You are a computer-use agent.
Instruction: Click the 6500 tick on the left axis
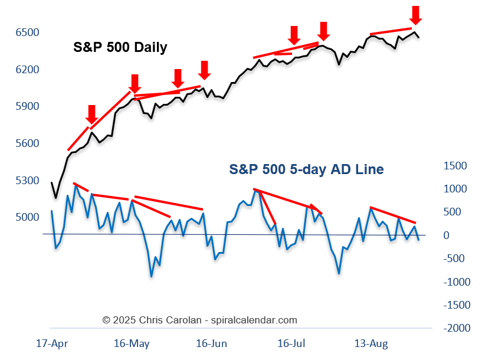pos(27,32)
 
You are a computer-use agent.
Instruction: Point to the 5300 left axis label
pos(27,180)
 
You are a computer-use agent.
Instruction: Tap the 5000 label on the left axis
pos(27,217)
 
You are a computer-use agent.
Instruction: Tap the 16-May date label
pos(132,343)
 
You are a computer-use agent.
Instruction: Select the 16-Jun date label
pos(211,343)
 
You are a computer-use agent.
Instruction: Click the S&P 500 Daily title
pos(120,47)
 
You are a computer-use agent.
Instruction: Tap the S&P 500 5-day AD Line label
pos(306,169)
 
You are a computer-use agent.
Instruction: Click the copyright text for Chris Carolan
pos(199,320)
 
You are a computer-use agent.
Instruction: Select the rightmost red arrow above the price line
pos(416,15)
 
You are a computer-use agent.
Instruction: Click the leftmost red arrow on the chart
pos(91,114)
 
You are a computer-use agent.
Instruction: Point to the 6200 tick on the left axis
pos(27,69)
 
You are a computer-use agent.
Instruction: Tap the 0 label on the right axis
pos(447,235)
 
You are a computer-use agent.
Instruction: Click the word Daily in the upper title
pos(150,47)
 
